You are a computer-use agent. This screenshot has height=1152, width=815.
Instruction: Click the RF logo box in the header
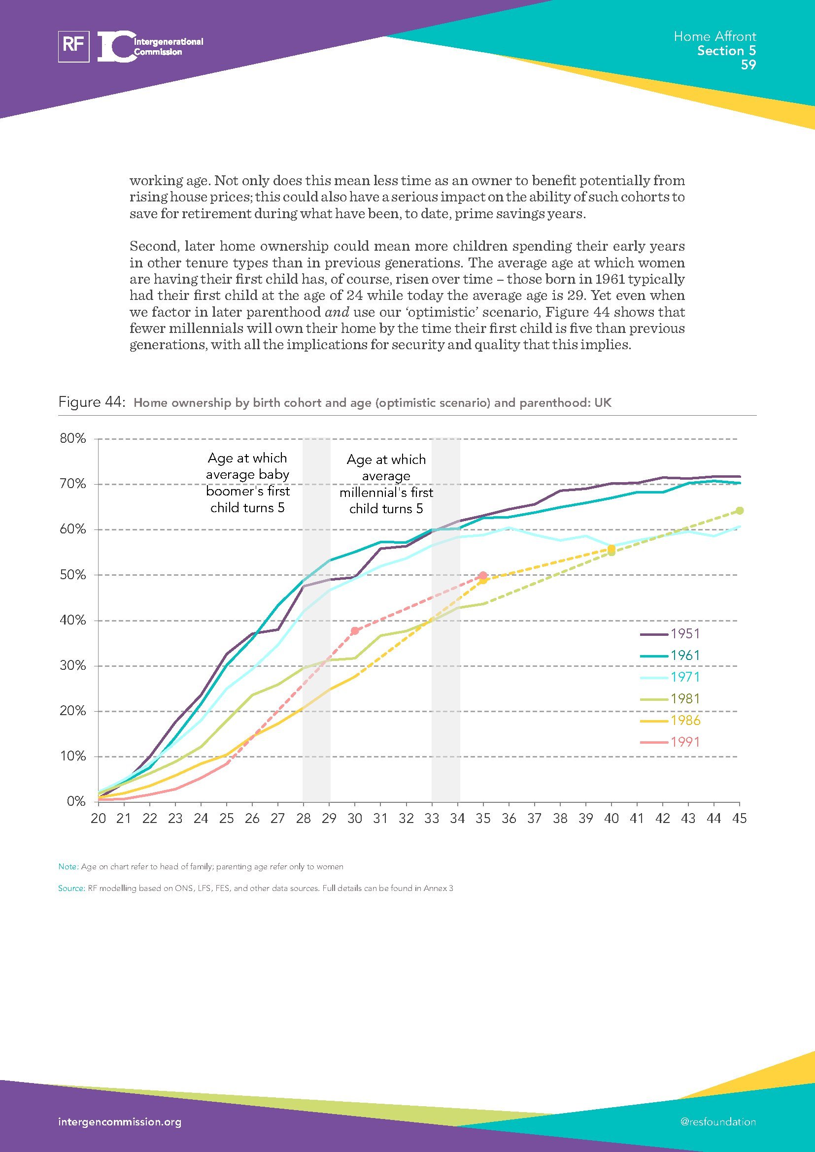tap(74, 46)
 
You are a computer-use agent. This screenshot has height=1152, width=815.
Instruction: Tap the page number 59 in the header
tap(748, 65)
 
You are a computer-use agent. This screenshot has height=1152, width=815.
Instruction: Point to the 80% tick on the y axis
tap(73, 438)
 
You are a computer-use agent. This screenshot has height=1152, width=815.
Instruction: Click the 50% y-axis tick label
tap(73, 575)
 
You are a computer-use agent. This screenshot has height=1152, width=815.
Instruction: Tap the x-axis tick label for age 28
tap(303, 819)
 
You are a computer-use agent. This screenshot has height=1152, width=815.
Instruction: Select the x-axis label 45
tap(739, 819)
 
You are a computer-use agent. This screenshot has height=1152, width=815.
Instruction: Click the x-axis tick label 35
tap(483, 819)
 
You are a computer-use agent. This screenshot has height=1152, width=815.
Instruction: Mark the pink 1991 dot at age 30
tap(355, 631)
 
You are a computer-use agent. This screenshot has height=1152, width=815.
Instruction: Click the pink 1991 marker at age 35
tap(483, 575)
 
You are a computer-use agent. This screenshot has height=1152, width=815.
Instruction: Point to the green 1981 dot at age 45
tap(739, 511)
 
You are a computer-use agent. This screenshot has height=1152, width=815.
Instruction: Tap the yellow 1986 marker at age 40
tap(611, 549)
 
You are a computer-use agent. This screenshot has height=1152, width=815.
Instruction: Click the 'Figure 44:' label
tap(91, 402)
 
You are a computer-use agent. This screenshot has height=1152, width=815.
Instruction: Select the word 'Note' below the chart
tap(67, 866)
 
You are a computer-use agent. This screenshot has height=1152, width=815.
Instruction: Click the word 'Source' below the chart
tap(71, 888)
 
